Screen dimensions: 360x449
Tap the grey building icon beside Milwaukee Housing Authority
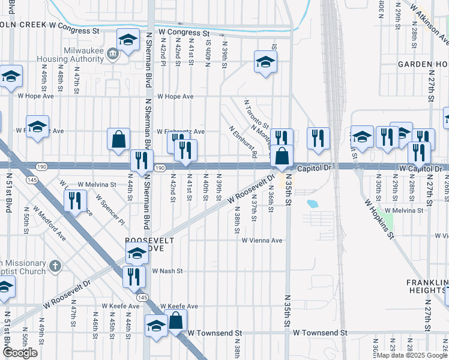112,55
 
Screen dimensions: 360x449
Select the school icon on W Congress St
127,40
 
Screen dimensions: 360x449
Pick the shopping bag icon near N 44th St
119,139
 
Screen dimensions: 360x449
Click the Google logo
20,353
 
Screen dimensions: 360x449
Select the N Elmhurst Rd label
244,142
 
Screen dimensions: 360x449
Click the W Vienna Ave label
262,241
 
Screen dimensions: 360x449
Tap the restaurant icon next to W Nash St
133,276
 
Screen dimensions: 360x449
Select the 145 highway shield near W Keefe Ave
142,298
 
